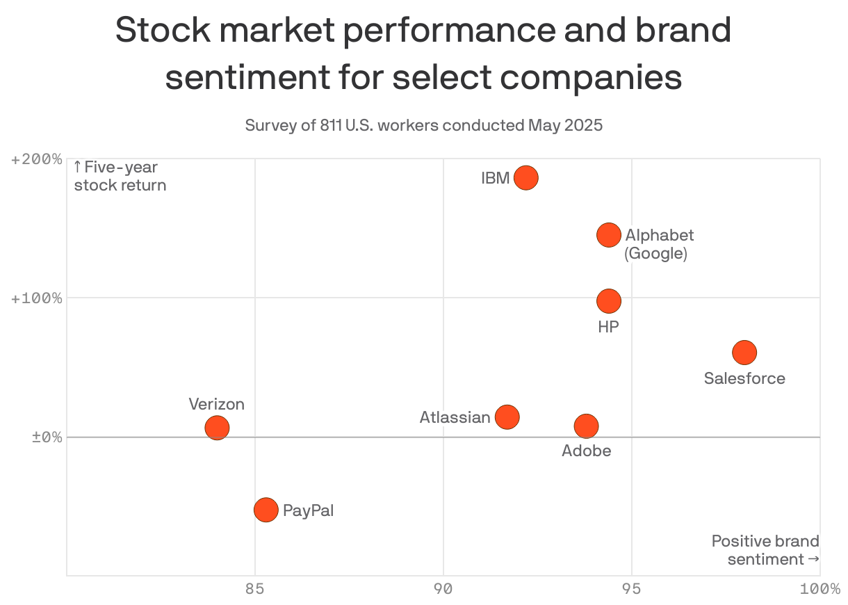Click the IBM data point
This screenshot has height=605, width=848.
(526, 178)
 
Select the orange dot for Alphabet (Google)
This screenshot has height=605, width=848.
(608, 235)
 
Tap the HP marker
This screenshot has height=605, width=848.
(608, 301)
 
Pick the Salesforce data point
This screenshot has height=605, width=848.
(744, 353)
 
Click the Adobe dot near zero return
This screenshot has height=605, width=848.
(587, 426)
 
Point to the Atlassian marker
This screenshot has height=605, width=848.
(507, 417)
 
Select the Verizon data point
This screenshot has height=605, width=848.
(217, 428)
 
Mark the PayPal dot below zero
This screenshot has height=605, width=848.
(266, 510)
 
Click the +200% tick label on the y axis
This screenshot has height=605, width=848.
(36, 159)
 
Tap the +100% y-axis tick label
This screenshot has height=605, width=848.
(36, 298)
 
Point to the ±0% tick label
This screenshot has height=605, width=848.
(47, 437)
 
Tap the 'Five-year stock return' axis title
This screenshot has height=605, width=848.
(120, 177)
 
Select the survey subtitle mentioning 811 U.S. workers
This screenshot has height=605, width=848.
(423, 126)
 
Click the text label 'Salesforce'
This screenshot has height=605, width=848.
(744, 378)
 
